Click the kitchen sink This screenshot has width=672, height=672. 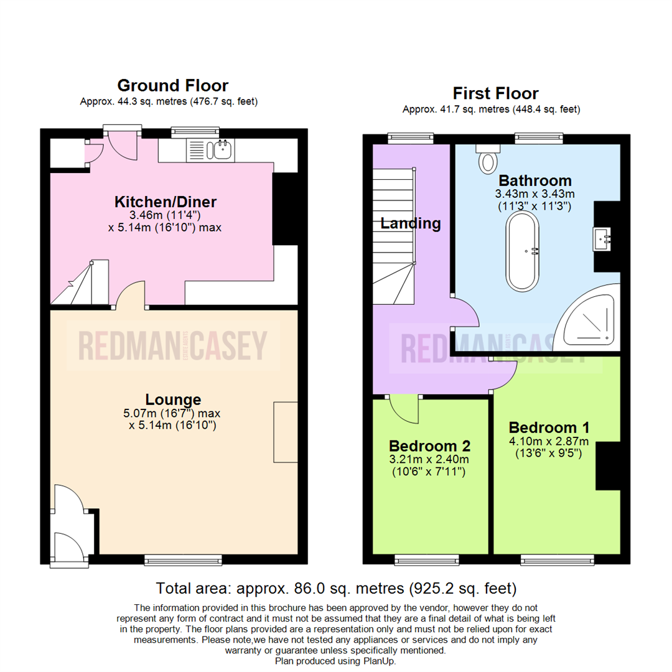222,148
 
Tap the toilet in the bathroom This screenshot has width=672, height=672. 487,159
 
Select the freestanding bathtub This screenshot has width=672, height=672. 521,251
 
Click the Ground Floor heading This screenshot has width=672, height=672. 173,85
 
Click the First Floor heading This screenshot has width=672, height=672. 495,93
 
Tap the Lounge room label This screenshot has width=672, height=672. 174,399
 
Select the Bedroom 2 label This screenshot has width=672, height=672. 429,446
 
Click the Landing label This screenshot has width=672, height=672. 411,223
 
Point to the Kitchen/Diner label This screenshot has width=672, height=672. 166,202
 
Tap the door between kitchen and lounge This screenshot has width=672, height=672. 131,296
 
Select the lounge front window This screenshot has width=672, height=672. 183,561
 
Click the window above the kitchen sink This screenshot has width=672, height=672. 195,131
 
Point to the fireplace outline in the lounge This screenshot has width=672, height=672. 285,432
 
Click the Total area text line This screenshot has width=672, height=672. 336,588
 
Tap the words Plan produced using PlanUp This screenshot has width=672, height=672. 335,661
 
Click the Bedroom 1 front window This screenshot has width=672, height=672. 556,561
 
